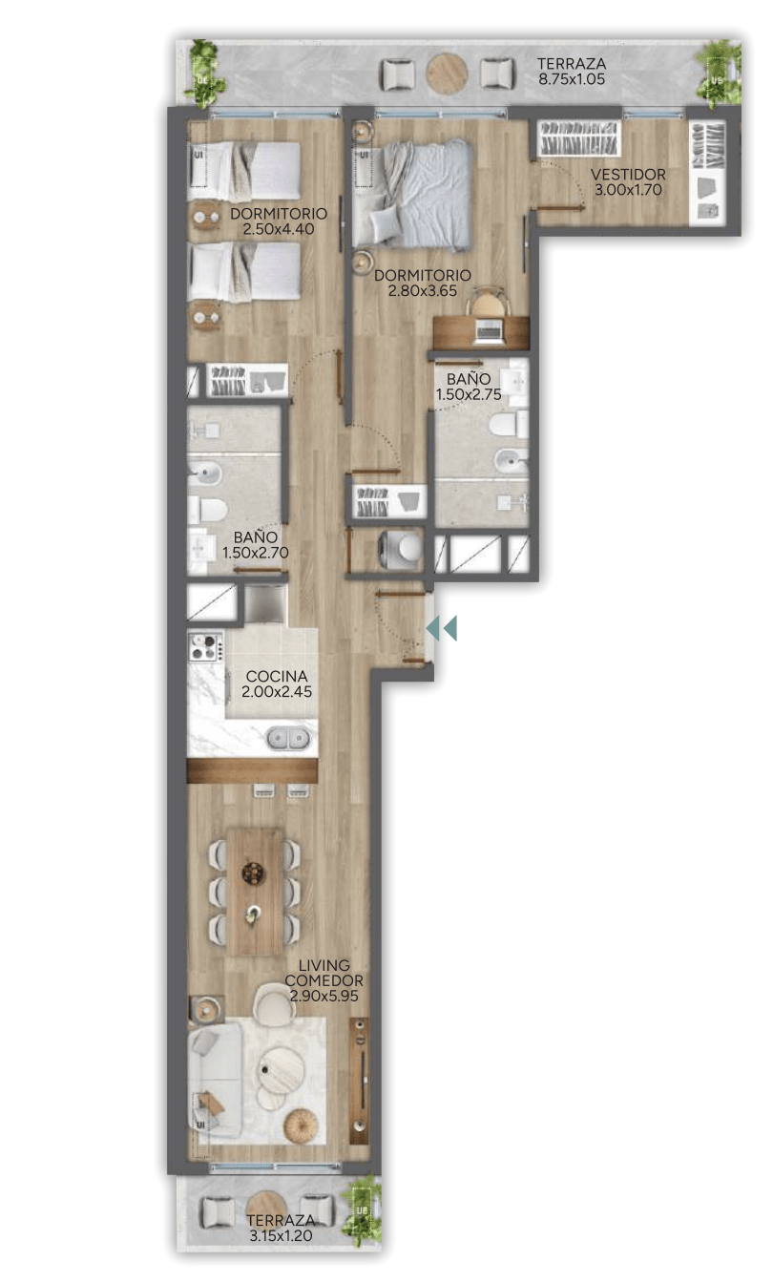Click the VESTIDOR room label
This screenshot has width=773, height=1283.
point(628,174)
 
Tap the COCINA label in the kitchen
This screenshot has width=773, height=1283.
point(277,677)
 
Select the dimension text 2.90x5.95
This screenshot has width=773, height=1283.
point(324,996)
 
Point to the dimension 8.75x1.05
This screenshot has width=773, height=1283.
point(571,79)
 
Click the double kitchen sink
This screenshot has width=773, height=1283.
point(289,738)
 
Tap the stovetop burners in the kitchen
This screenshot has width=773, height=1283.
point(205,646)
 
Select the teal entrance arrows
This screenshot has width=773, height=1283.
point(442,628)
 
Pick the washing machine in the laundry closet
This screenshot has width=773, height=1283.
point(402,549)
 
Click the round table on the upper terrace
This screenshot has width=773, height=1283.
point(447,74)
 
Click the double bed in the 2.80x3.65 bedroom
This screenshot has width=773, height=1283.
point(413,194)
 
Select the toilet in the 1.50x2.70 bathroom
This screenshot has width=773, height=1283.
point(207,509)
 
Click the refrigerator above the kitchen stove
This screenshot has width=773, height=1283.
point(266,604)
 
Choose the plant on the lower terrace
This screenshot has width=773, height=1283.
point(362,1209)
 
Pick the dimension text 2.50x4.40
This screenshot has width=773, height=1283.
point(279,229)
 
